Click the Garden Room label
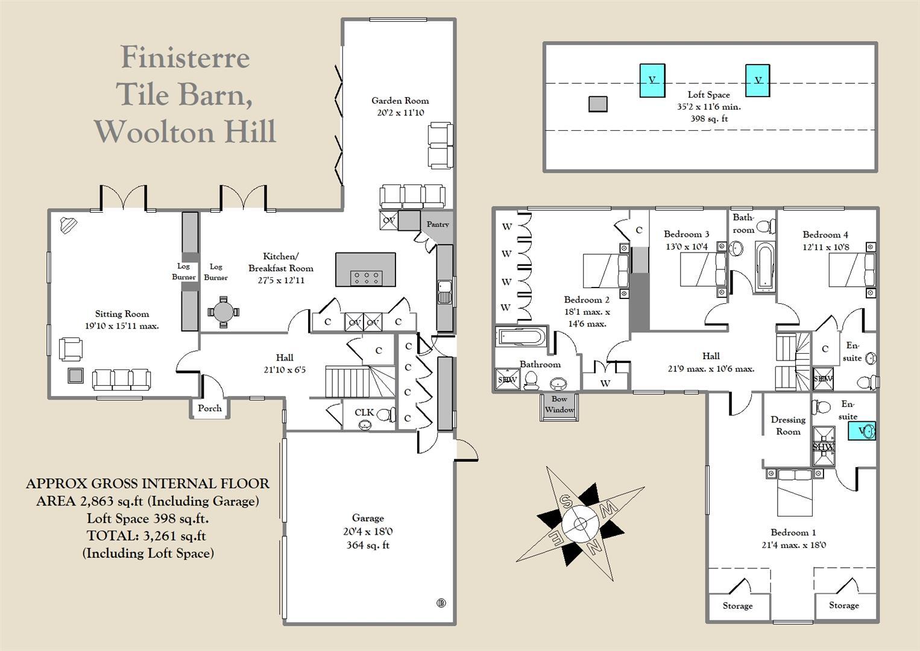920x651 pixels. (x=400, y=101)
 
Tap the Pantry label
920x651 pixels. (x=438, y=224)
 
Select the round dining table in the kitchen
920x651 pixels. (x=223, y=312)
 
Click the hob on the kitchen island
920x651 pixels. (x=366, y=277)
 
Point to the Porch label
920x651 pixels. (x=210, y=408)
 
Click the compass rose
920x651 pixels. (x=579, y=523)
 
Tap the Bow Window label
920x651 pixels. (x=559, y=404)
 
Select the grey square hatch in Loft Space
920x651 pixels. (x=597, y=104)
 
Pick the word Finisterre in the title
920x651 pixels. (x=185, y=58)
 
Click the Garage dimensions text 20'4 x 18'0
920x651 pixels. (x=368, y=532)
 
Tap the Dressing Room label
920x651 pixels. (x=788, y=426)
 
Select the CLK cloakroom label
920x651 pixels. (x=364, y=412)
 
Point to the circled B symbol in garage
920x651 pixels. (x=441, y=602)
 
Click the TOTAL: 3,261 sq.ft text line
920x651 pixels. (x=147, y=535)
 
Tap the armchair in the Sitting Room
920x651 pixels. (x=71, y=349)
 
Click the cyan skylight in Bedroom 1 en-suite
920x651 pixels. (x=862, y=430)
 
